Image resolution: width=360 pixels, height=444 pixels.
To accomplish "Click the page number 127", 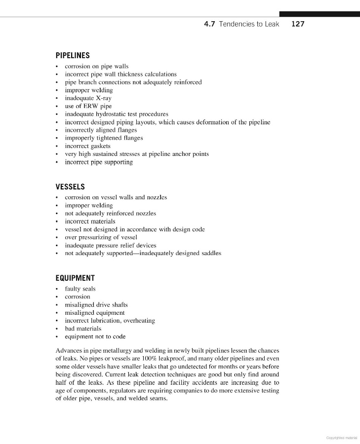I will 298,24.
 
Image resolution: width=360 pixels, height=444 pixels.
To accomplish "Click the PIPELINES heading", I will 72,56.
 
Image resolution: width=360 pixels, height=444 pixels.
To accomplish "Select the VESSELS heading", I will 70,187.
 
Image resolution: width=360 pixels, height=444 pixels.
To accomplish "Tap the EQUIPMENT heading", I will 75,278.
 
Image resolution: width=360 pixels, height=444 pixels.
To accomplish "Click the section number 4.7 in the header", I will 210,24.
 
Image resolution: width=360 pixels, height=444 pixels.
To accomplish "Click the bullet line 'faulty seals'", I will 80,289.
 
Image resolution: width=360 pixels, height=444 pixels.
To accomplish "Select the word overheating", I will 139,321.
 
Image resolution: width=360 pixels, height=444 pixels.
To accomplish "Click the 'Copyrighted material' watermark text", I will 341,438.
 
